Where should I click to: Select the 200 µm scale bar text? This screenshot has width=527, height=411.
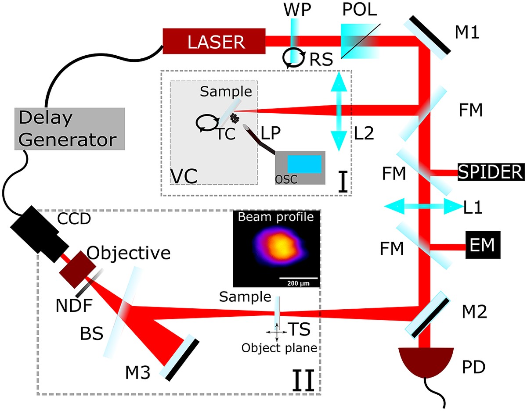tap(299, 283)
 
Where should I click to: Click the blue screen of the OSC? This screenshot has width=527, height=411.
tap(304, 164)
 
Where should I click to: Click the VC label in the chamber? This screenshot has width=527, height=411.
tap(184, 175)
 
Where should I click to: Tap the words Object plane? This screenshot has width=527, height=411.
tap(279, 349)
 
